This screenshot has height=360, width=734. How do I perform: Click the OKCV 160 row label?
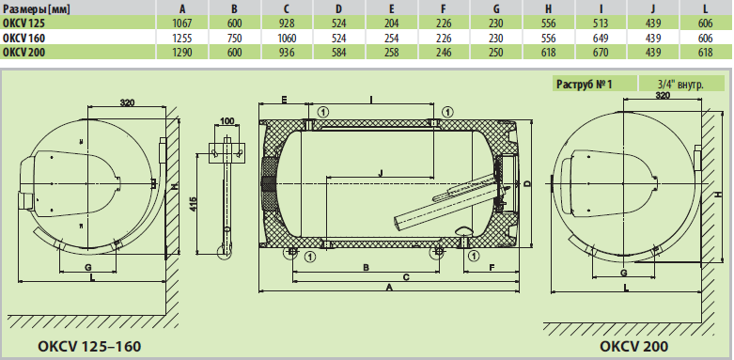(x=24, y=38)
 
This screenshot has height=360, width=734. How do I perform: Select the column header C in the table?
(x=287, y=8)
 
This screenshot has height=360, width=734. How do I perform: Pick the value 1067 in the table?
(x=182, y=23)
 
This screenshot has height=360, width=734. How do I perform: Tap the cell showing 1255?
(x=182, y=38)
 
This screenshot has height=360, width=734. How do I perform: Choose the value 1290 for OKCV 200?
(x=182, y=53)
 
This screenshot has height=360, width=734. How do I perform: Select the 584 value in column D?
(x=338, y=53)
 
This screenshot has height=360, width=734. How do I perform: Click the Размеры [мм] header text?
(x=37, y=9)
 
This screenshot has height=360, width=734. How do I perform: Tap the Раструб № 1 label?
(x=585, y=84)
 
